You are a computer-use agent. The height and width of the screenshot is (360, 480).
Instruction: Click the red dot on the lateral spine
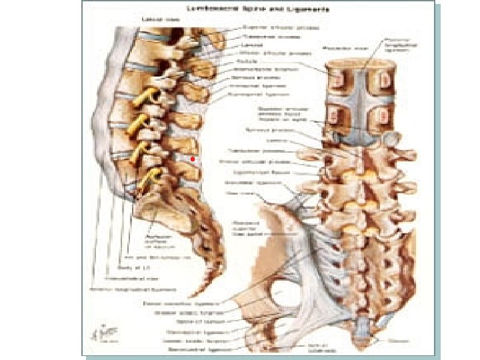(191, 159)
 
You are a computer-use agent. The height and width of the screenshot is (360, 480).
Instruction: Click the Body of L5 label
(136, 268)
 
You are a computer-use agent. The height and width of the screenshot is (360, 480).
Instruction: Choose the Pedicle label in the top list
(243, 60)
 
